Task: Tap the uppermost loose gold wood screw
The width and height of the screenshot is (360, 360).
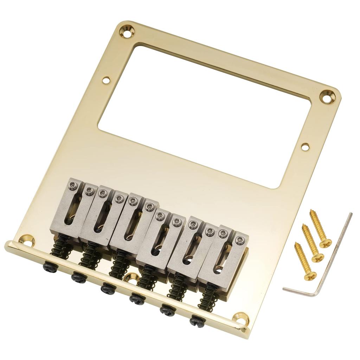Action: (320, 229)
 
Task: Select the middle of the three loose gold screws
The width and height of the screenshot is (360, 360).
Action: (312, 243)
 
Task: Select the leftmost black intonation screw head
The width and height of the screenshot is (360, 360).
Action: (50, 267)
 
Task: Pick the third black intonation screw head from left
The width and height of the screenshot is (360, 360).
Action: (107, 288)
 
